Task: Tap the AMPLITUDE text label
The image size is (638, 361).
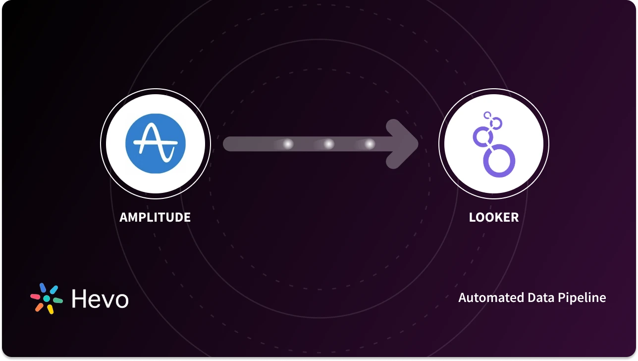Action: (x=155, y=217)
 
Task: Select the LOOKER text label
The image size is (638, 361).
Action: (x=493, y=217)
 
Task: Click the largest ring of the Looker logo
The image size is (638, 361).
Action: (x=499, y=161)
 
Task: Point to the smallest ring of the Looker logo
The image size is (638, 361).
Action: (x=487, y=116)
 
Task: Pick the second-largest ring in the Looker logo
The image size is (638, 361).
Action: (x=481, y=136)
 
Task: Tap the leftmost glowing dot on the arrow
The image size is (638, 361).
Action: (x=287, y=144)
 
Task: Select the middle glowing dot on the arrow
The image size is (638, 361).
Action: (x=328, y=144)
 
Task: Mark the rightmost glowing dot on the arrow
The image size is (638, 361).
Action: (x=369, y=144)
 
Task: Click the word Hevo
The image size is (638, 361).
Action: (x=100, y=299)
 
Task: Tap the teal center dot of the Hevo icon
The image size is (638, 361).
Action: (x=47, y=299)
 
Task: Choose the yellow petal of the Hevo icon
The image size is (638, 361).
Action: (x=50, y=309)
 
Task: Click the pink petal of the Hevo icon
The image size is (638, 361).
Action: (x=35, y=296)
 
